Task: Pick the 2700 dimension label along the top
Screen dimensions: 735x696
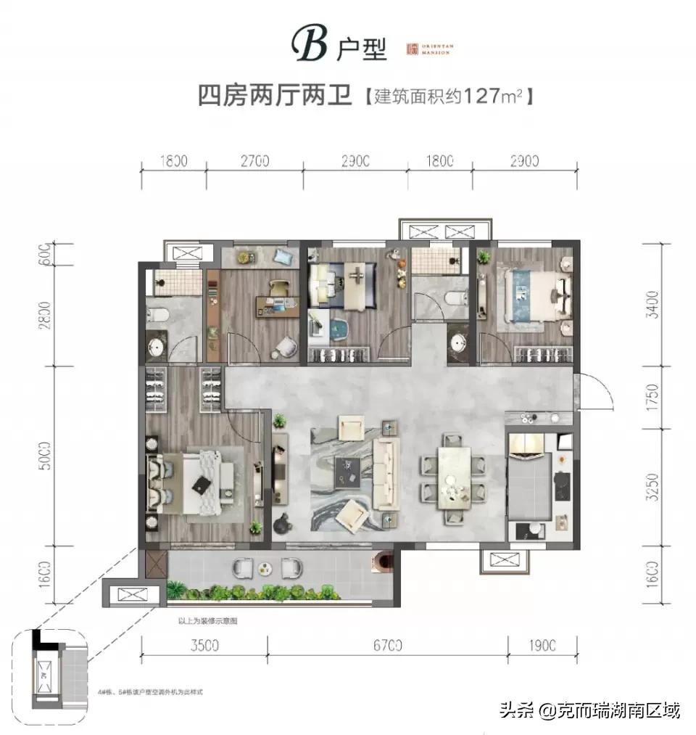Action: pyautogui.click(x=254, y=161)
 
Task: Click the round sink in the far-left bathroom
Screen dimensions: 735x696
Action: pyautogui.click(x=156, y=347)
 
